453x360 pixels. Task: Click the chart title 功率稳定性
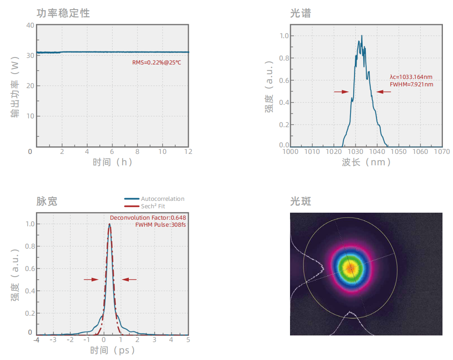(x=63, y=13)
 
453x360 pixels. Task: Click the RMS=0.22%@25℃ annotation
(x=156, y=63)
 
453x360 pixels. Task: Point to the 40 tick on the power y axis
(x=30, y=25)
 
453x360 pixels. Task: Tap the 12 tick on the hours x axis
(x=188, y=151)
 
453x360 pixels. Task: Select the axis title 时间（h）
(x=113, y=162)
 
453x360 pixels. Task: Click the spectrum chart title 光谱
(x=301, y=14)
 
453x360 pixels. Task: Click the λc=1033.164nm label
(x=411, y=77)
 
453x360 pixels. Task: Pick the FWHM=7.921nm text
(x=411, y=84)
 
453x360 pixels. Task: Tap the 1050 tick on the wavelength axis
(x=399, y=152)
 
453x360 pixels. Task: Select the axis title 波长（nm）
(x=366, y=162)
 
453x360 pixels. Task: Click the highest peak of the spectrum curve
(x=362, y=36)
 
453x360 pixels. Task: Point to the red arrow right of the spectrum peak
(x=383, y=92)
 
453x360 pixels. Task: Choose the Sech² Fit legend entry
(x=153, y=206)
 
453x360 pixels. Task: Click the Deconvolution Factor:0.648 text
(x=150, y=217)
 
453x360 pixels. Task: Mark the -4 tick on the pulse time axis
(x=37, y=339)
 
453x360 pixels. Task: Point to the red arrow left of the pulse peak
(x=91, y=279)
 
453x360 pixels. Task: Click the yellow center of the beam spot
(x=350, y=267)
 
